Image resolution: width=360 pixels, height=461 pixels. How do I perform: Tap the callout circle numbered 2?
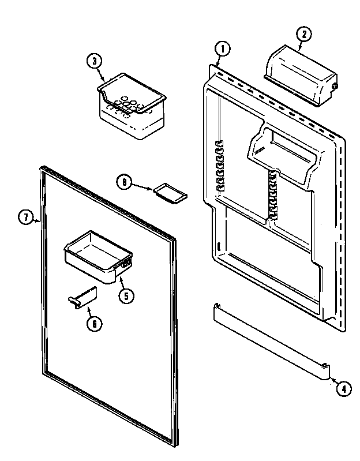pyautogui.click(x=302, y=33)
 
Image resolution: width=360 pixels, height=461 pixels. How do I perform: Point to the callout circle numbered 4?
pyautogui.click(x=342, y=388)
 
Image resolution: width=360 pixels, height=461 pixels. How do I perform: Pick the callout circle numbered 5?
pyautogui.click(x=126, y=295)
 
